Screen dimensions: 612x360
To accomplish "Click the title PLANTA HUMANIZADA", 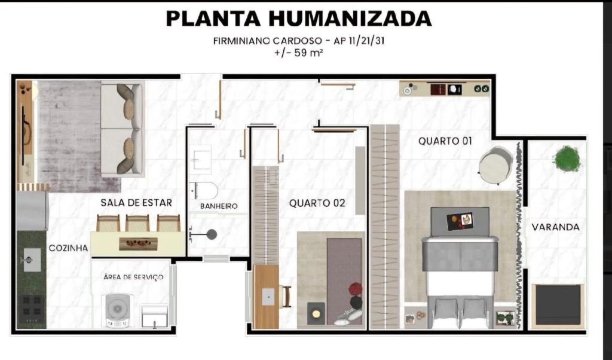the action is [x=299, y=19].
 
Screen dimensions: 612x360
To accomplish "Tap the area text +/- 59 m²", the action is [x=299, y=52].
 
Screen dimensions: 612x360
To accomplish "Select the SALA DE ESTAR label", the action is [x=136, y=203].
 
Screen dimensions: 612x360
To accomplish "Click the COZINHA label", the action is [x=68, y=248].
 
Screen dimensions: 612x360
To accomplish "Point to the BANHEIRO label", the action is [x=219, y=206].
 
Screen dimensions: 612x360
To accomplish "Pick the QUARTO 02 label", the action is [x=317, y=203].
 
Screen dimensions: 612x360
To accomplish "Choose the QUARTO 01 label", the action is [x=445, y=141].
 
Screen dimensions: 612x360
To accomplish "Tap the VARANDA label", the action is [x=555, y=227].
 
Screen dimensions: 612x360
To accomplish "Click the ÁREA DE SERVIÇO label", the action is [x=133, y=277].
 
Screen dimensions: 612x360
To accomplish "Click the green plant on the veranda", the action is [x=567, y=158].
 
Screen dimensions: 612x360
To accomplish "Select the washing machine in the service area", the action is [x=117, y=310].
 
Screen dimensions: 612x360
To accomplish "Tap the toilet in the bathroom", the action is [x=204, y=191].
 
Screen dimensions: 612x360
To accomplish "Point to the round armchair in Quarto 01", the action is [x=495, y=165].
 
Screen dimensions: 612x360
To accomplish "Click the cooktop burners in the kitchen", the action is [x=32, y=309].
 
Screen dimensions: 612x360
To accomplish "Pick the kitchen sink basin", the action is [x=31, y=260].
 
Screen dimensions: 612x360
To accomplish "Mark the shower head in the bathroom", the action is [x=212, y=234].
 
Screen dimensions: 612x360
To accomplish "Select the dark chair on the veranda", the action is [x=558, y=306].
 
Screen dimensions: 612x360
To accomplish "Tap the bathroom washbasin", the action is [x=201, y=160].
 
